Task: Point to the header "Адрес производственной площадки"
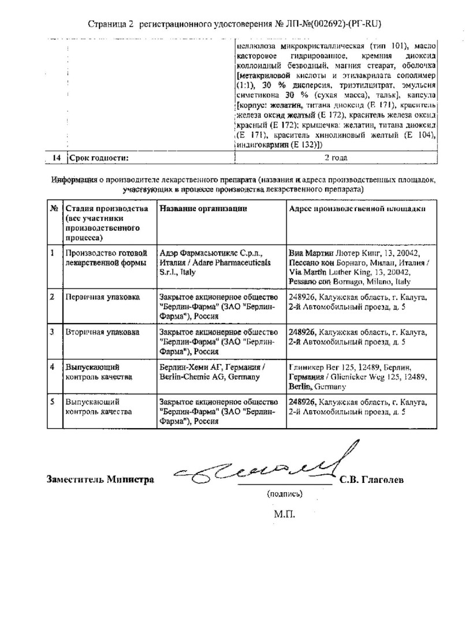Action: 358,208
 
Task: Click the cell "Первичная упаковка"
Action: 102,297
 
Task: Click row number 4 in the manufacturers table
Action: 53,368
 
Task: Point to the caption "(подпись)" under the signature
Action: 285,494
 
